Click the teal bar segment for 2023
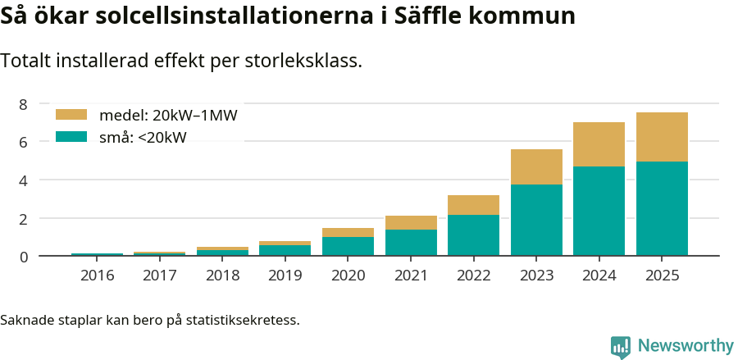536,220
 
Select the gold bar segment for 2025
662,137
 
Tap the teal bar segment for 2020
348,246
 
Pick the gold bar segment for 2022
473,205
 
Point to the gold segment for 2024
599,144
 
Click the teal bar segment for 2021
411,243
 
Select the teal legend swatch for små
71,137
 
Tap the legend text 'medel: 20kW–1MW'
167,116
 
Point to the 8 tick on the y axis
24,104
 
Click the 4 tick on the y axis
24,180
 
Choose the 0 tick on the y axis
24,257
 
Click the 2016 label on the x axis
97,275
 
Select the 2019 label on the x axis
285,275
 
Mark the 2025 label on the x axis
662,275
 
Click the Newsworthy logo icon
621,346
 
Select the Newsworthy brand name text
686,346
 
